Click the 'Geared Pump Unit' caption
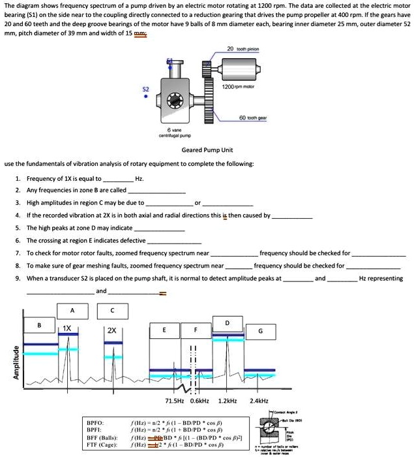[207, 150]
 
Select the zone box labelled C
[112, 309]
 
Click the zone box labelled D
[227, 323]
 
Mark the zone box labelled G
[261, 331]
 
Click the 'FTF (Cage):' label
[102, 447]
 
